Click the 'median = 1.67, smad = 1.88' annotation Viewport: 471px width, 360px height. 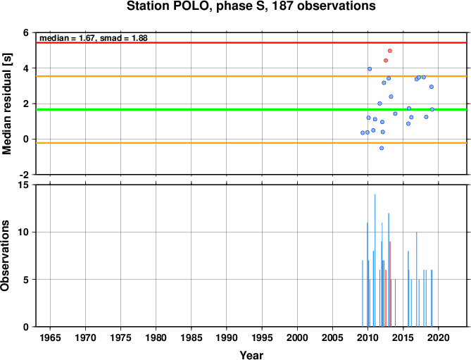click(94, 38)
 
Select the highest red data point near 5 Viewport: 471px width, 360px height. click(390, 51)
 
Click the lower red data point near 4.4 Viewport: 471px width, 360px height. click(386, 61)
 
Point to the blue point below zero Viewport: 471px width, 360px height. click(382, 148)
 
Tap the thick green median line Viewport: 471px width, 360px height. click(251, 109)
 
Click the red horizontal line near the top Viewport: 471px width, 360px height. click(251, 43)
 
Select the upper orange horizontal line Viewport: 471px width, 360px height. click(251, 76)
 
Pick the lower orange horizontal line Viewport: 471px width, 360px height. click(251, 143)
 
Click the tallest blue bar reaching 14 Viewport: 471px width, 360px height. click(375, 260)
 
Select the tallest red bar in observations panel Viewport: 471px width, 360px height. click(390, 284)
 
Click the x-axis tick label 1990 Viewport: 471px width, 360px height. click(227, 337)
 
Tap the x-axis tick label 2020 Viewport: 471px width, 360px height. click(438, 337)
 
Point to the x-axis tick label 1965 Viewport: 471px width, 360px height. click(50, 337)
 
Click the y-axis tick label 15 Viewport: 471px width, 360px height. click(26, 185)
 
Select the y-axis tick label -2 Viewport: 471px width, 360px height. click(27, 175)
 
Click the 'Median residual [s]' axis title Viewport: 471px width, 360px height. click(6, 104)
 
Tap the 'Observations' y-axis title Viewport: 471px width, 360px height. click(5, 256)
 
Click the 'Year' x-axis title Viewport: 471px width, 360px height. click(251, 355)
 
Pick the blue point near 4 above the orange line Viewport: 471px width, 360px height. click(370, 69)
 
